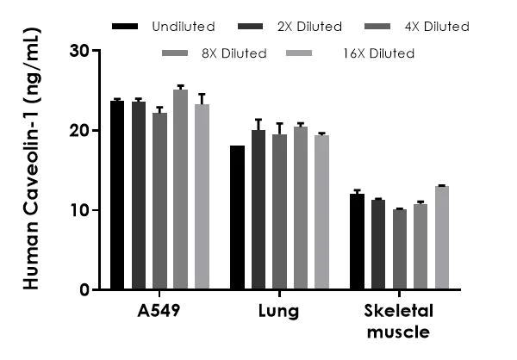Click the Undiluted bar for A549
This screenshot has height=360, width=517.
click(117, 196)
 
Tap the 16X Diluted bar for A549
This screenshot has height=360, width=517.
click(202, 197)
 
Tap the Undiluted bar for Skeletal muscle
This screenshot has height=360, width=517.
click(357, 242)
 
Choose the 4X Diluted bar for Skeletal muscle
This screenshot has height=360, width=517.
click(399, 250)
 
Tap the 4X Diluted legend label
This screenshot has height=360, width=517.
click(435, 27)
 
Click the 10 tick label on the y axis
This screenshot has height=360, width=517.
click(80, 210)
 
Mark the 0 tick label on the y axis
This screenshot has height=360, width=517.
click(84, 290)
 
